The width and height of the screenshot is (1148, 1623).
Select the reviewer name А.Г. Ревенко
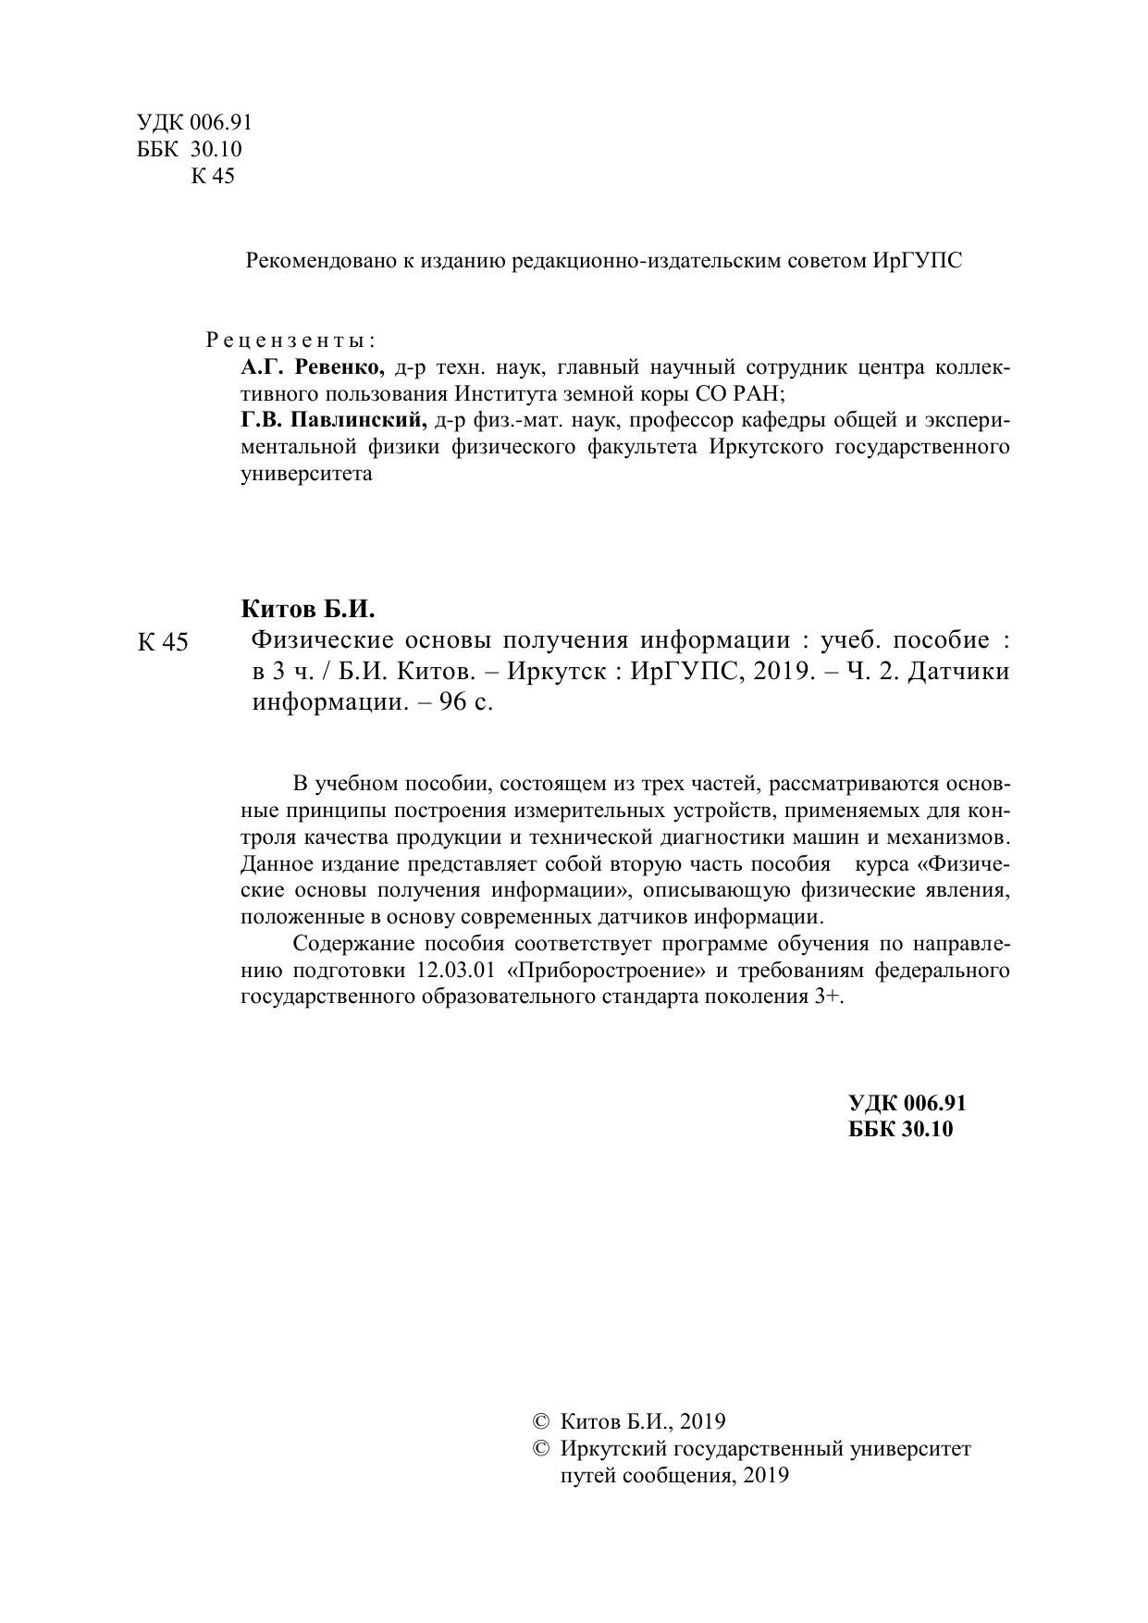[313, 367]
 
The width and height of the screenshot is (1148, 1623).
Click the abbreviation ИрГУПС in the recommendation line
[916, 261]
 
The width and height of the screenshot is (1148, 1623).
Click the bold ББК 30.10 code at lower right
[900, 1129]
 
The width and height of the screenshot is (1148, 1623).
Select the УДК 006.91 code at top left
[194, 123]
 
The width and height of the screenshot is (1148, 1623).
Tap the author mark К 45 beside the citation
[163, 642]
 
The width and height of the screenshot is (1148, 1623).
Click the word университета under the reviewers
[306, 475]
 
